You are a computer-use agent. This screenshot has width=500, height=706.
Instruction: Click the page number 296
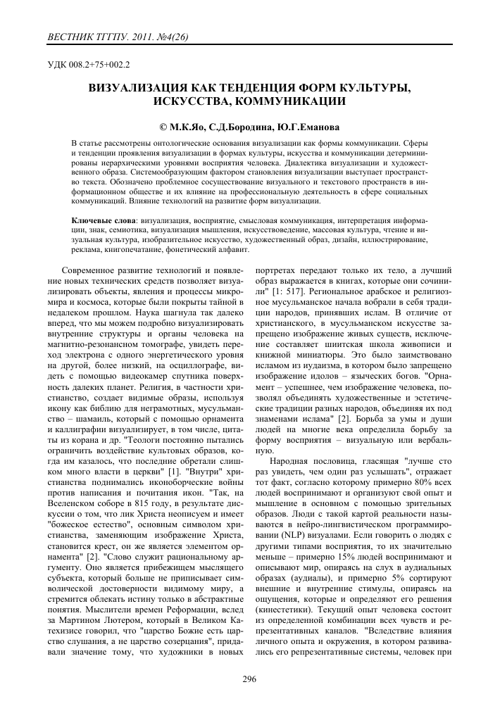(249, 679)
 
